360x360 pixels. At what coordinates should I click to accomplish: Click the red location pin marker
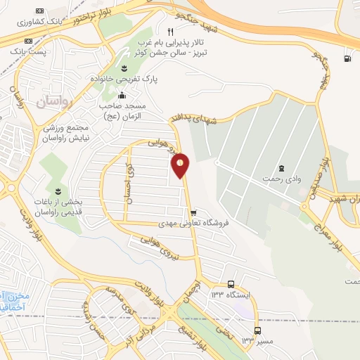181,164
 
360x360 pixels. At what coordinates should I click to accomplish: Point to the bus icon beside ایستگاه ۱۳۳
231,284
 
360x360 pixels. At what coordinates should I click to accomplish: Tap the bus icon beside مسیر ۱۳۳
257,330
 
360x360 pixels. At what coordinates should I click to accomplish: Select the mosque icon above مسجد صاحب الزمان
122,95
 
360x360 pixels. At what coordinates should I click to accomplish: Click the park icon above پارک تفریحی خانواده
124,67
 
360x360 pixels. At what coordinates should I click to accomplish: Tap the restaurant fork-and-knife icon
169,32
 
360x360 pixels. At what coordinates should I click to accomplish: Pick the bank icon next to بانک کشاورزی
38,11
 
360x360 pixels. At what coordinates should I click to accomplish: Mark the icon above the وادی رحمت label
281,167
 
